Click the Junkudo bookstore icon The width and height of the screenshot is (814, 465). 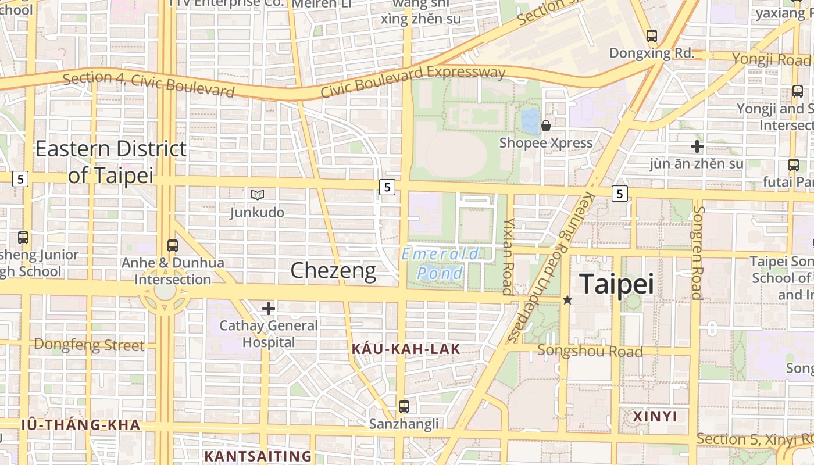tap(257, 195)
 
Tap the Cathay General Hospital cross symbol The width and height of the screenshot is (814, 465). tap(268, 309)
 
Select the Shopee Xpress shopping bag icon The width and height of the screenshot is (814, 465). tap(545, 126)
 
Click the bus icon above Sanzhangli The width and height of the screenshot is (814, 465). tap(404, 407)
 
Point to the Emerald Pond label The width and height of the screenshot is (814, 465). tap(441, 263)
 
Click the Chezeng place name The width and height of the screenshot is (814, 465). tap(333, 271)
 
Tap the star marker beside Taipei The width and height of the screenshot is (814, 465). tap(567, 300)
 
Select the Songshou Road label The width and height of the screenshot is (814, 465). tap(590, 351)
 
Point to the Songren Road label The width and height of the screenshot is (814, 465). tap(697, 253)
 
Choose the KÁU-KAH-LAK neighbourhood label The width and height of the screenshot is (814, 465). tap(406, 349)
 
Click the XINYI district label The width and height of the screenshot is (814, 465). tap(655, 416)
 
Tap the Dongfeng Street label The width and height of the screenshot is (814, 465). tap(88, 345)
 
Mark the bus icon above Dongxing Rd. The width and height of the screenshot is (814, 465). tap(651, 36)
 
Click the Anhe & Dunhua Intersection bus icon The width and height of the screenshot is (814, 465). tap(173, 246)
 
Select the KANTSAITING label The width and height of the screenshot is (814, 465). tap(258, 456)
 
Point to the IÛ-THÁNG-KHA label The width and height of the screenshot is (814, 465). tap(81, 425)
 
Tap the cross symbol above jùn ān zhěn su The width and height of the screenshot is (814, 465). tap(697, 146)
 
